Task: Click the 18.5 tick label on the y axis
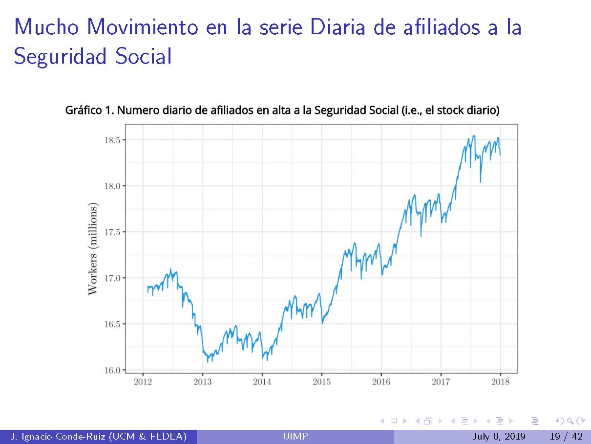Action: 112,140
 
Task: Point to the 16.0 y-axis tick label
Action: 112,370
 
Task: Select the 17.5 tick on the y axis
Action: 112,232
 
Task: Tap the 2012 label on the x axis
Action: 143,382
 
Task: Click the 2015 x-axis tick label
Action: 321,382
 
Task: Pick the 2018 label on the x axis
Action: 500,382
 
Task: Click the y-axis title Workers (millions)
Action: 93,248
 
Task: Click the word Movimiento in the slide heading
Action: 142,27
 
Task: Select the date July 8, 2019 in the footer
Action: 498,437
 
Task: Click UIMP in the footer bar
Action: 295,437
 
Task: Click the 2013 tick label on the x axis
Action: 202,382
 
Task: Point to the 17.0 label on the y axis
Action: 112,278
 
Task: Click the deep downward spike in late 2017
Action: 481,181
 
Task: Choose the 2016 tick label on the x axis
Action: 381,382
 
